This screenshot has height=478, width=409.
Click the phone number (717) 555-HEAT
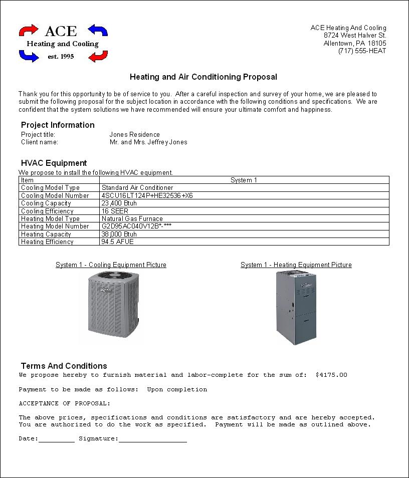362,51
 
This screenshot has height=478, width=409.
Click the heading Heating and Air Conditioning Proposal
203,77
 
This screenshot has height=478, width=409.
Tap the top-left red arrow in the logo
29,30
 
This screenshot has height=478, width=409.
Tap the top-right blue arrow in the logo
98,30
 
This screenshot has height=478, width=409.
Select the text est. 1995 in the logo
61,57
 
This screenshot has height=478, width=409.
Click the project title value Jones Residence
134,134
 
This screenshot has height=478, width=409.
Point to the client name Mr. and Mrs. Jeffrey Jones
148,142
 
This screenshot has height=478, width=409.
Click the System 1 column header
244,180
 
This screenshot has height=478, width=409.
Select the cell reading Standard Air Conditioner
137,187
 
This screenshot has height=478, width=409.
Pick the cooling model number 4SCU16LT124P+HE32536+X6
147,195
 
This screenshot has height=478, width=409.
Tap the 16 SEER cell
115,211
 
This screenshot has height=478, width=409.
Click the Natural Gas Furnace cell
132,218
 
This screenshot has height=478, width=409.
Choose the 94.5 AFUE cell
117,242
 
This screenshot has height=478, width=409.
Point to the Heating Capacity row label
46,234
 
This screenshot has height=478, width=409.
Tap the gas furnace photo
296,307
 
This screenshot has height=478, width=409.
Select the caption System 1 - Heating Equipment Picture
296,265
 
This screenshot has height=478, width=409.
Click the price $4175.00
331,375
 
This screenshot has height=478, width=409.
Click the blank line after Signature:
152,440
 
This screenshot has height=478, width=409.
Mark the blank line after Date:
56,440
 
